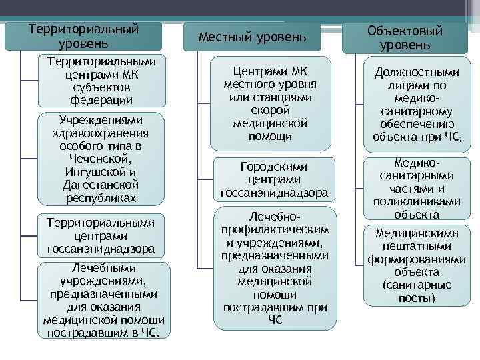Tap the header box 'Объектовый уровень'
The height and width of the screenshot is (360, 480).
click(405, 38)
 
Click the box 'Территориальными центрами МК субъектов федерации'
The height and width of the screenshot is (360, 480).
click(102, 81)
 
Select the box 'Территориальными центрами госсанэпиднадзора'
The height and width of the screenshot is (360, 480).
click(101, 236)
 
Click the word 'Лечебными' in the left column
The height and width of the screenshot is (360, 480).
click(103, 268)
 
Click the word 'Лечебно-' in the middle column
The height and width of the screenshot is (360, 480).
click(274, 217)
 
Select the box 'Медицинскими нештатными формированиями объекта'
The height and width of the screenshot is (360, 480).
click(417, 265)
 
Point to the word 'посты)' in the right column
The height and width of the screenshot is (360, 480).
click(417, 297)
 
